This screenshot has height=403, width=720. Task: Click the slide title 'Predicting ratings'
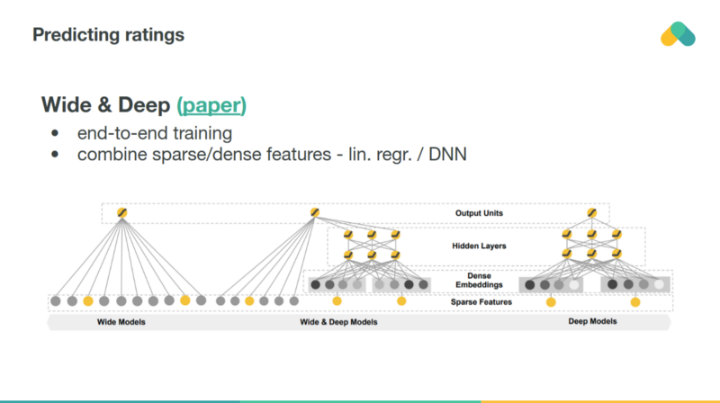click(x=108, y=35)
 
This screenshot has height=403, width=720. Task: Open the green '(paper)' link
click(x=211, y=105)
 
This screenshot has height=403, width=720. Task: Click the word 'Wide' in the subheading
click(x=67, y=105)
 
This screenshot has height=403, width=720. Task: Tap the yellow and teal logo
click(x=677, y=33)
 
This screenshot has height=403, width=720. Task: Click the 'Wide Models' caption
click(x=120, y=321)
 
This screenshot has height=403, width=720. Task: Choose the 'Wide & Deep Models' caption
click(x=338, y=321)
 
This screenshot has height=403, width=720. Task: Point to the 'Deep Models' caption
click(x=592, y=321)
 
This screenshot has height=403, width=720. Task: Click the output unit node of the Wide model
click(x=121, y=213)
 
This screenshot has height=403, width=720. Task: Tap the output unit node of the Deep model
click(x=591, y=213)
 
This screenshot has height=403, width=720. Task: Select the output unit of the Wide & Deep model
click(x=315, y=213)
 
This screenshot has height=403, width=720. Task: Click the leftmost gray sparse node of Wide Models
click(x=56, y=300)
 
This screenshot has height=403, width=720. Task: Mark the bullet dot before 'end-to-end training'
click(x=57, y=134)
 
